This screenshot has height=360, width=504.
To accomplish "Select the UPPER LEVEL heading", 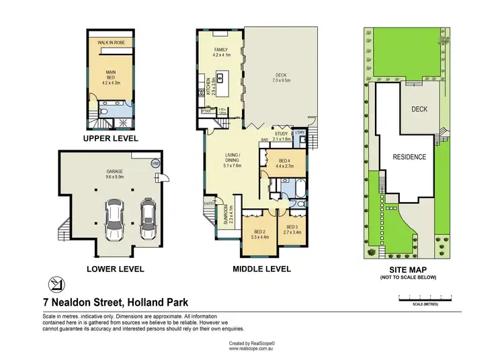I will [x=110, y=138].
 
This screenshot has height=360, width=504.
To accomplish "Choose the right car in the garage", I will [x=148, y=216].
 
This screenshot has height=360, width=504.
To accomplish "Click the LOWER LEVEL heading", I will [x=115, y=269].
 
